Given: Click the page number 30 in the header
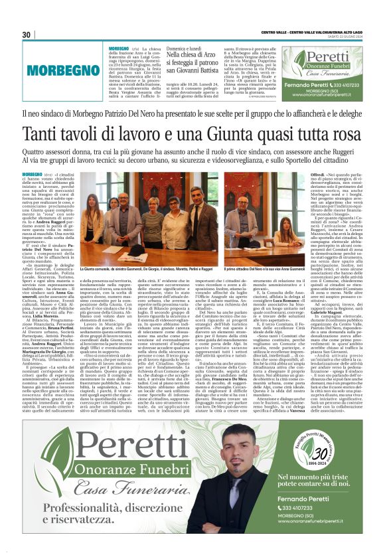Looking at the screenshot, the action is coord(27,35).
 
